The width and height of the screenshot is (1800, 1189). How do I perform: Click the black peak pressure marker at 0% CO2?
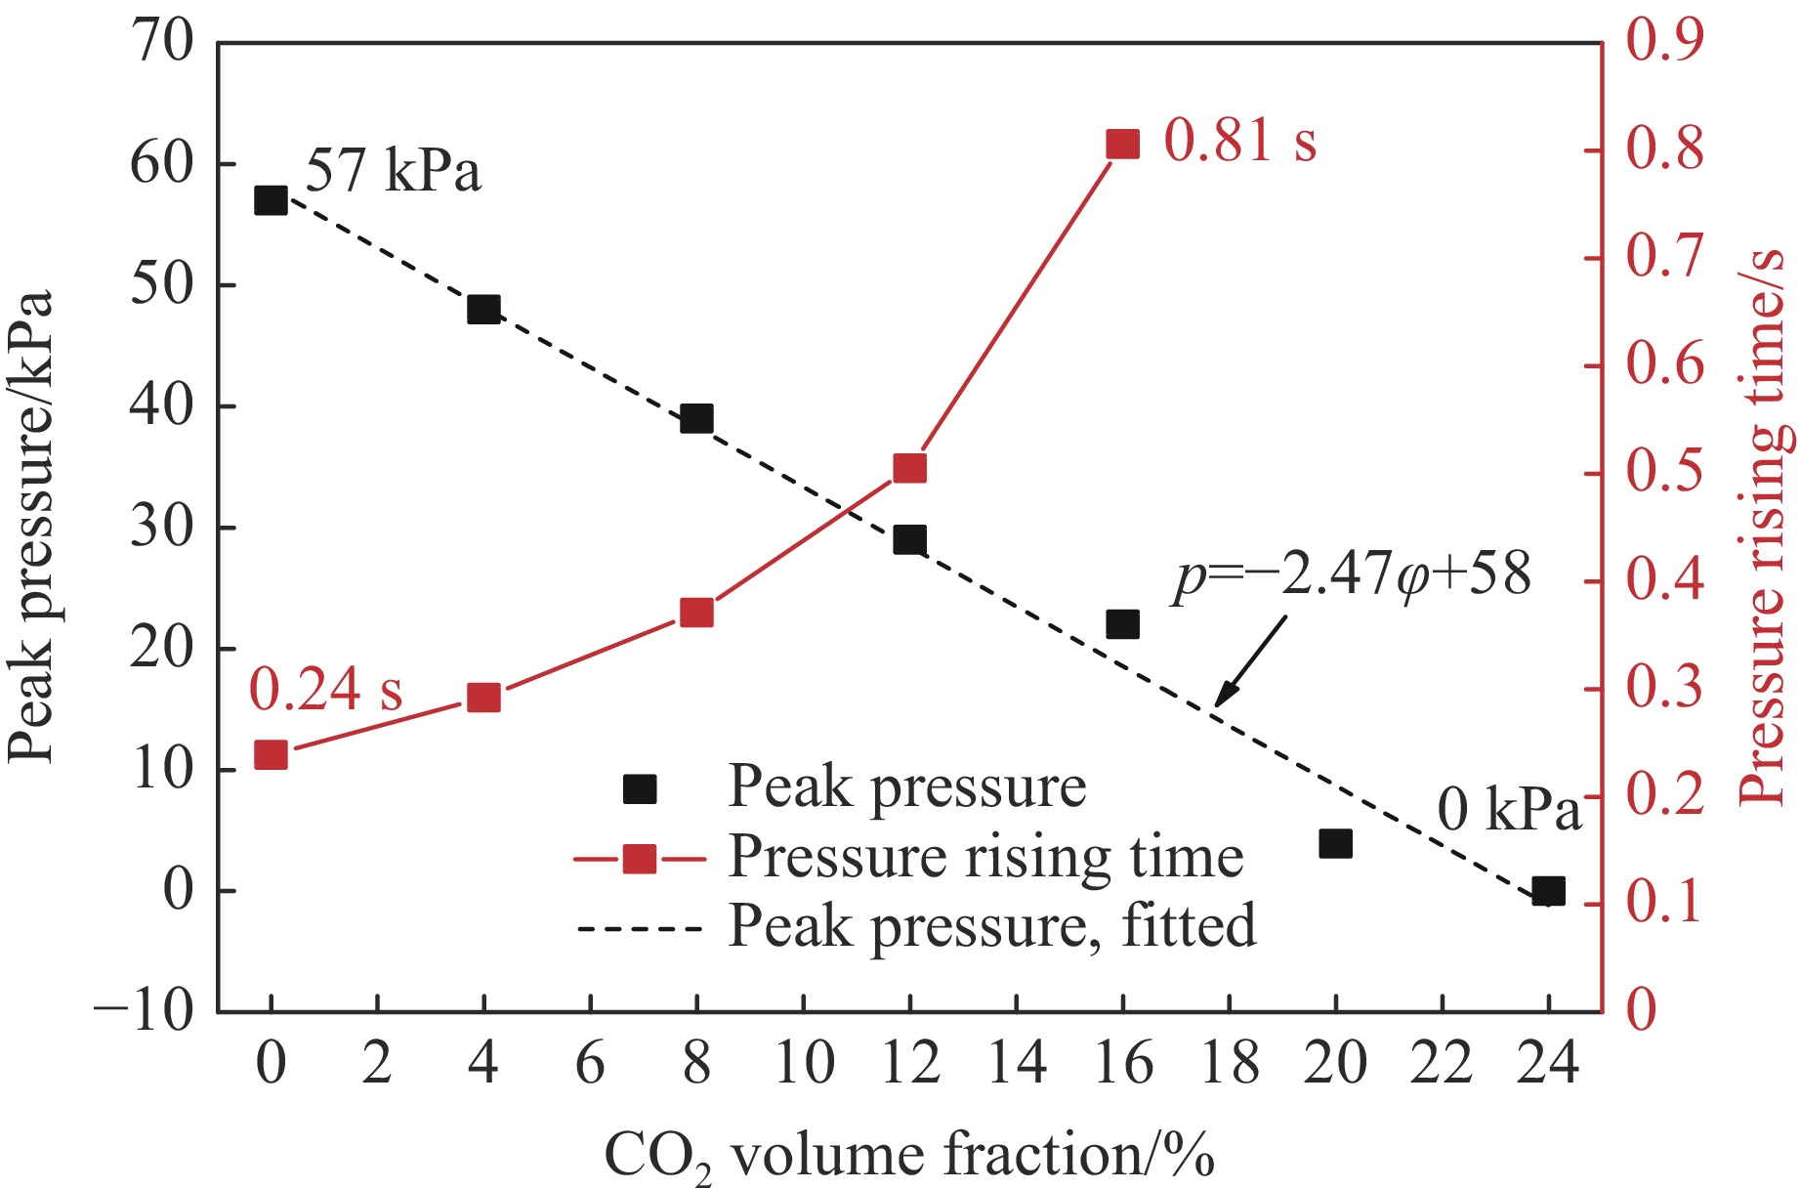[271, 200]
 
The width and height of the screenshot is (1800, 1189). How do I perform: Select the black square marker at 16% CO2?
[1122, 623]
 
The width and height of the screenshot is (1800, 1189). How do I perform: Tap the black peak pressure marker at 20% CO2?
[1335, 843]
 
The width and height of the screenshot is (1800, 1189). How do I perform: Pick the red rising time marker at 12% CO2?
[909, 469]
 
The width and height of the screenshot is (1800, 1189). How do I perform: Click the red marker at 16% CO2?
[1122, 145]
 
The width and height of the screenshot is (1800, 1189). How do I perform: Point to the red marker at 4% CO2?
[483, 699]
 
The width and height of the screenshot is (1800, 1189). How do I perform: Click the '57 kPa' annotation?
[394, 172]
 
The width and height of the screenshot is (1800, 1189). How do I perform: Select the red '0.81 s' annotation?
[1239, 141]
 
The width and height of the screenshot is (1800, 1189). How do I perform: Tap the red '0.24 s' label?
[325, 690]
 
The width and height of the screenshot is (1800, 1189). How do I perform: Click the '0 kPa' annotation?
[1508, 810]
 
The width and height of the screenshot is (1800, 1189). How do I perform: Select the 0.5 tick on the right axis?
[1664, 473]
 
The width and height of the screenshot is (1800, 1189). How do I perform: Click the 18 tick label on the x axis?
[1229, 1062]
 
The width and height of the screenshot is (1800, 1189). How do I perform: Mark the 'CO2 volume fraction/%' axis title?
[909, 1156]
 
